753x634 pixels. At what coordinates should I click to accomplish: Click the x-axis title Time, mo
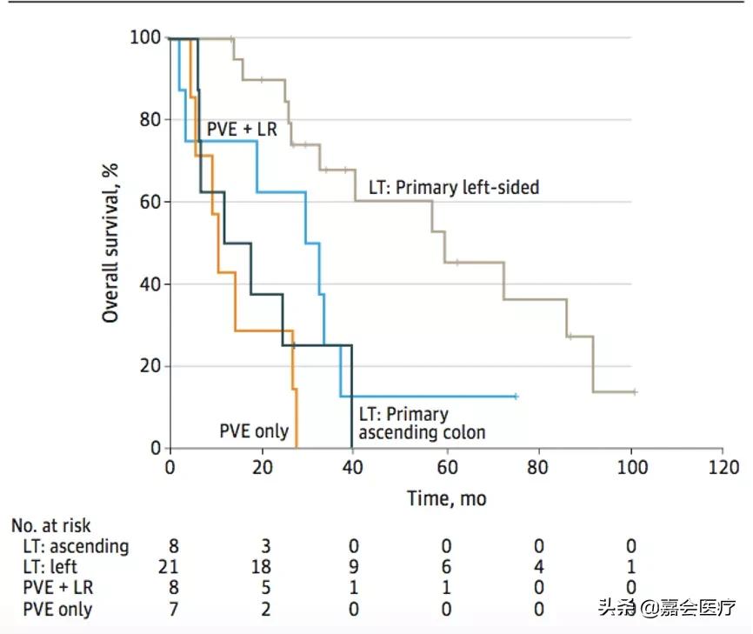point(446,498)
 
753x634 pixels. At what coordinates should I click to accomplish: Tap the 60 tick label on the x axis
point(446,466)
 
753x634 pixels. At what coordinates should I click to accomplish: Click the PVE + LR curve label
point(241,130)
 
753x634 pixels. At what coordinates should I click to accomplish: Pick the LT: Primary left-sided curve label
point(454,186)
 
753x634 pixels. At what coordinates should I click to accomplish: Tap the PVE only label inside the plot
point(253,430)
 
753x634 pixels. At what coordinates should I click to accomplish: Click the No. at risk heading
point(50,525)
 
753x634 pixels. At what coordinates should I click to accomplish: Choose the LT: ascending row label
point(77,546)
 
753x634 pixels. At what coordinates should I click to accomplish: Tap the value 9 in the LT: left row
point(354,568)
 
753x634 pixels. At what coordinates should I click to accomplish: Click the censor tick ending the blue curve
point(516,397)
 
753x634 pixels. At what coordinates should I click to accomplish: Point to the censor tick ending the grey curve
point(634,392)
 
